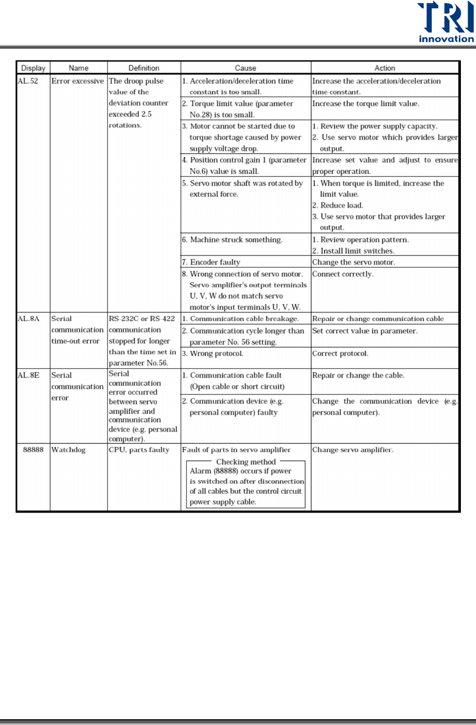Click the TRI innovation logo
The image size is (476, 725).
point(446,22)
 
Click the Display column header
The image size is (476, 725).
point(33,68)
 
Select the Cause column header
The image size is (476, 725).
point(246,68)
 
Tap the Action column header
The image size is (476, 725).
point(385,68)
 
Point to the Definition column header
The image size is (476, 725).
point(144,68)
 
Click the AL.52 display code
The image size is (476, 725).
point(28,81)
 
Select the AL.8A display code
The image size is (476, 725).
point(29,319)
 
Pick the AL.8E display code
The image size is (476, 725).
point(29,375)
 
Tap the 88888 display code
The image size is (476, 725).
point(33,450)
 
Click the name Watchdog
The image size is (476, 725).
point(68,450)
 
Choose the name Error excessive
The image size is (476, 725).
point(78,81)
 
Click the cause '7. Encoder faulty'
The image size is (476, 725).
point(211,262)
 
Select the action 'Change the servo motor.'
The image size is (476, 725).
point(353,262)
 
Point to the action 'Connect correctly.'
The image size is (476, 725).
point(343,274)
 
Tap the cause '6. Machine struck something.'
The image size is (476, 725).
point(232,240)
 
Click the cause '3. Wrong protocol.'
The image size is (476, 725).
point(213,354)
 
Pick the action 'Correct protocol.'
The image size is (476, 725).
point(340,354)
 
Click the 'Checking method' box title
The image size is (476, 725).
point(246,462)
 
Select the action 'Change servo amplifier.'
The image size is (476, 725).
point(353,450)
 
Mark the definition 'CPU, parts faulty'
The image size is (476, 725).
point(139,450)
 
